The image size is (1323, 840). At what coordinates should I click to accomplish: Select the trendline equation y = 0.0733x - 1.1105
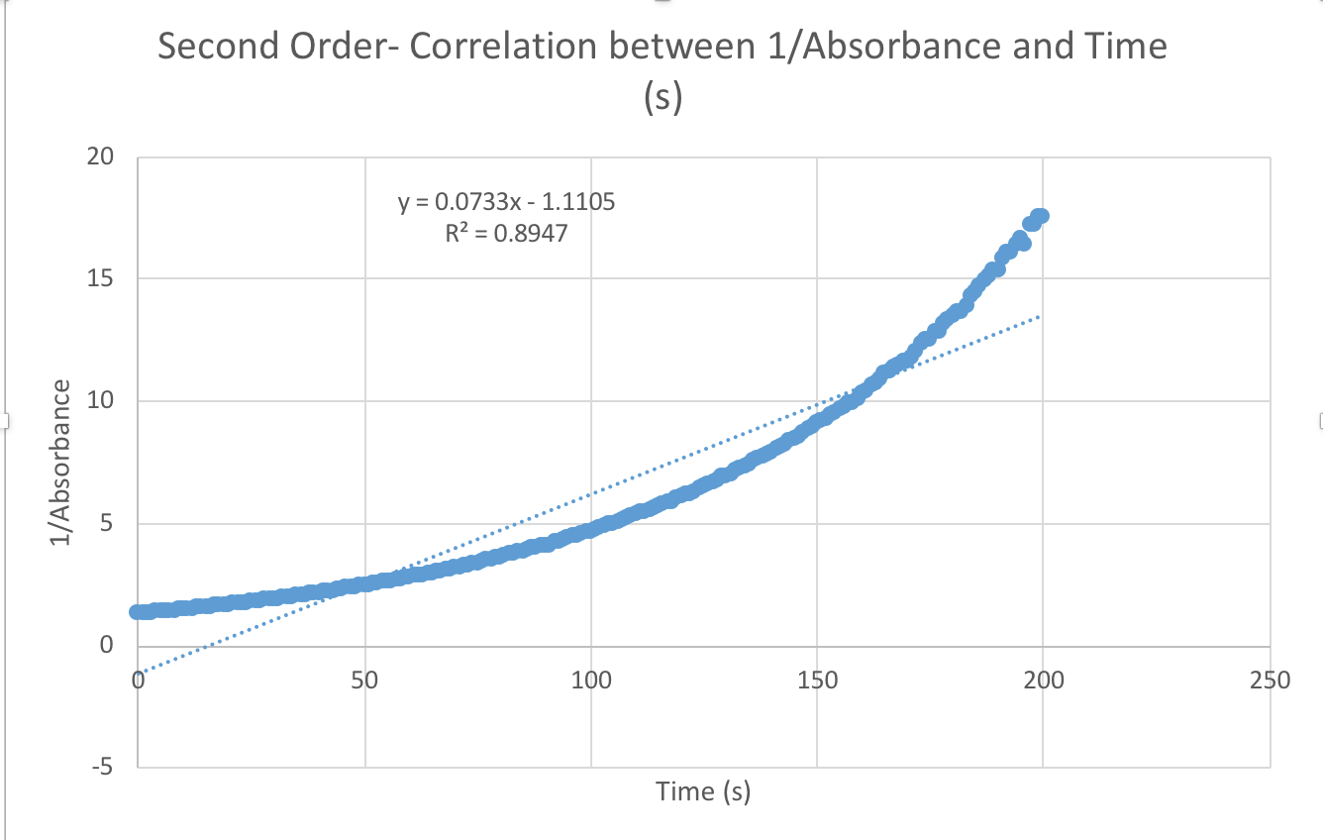(507, 203)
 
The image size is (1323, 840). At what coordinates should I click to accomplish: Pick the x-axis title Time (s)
(703, 791)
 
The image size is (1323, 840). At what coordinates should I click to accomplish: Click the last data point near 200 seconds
(1040, 216)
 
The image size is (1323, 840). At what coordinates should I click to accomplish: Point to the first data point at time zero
(139, 612)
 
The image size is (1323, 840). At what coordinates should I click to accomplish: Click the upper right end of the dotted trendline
(1039, 316)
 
